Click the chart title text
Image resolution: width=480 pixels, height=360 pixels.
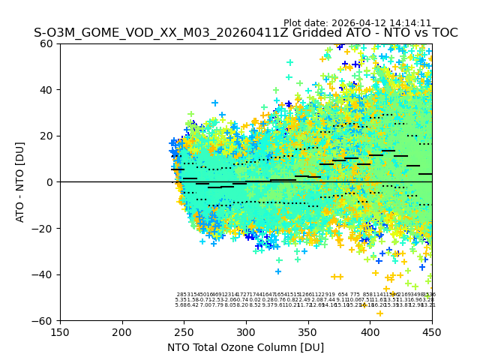point(245,33)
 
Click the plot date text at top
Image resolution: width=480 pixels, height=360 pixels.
point(357,23)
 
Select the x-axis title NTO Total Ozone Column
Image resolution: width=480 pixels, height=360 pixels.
point(245,347)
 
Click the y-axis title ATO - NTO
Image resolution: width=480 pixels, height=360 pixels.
point(20,182)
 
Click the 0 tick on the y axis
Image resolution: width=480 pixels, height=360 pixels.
point(51,182)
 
